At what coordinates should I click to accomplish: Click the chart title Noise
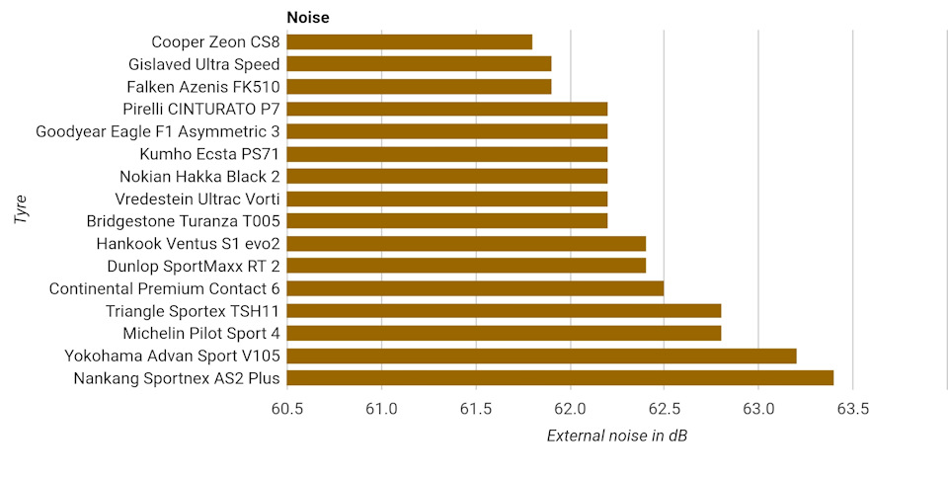[x=308, y=17]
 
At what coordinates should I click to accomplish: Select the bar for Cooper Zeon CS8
[x=409, y=41]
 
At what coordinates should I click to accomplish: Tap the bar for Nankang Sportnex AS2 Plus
[x=559, y=377]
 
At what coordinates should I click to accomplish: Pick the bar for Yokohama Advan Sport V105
[x=540, y=356]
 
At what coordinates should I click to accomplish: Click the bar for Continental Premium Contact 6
[x=474, y=288]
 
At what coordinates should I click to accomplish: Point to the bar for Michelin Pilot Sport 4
[x=503, y=333]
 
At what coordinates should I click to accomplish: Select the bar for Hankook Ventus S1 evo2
[x=465, y=243]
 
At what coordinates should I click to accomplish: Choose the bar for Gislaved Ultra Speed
[x=418, y=64]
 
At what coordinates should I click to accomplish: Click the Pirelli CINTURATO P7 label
[x=201, y=109]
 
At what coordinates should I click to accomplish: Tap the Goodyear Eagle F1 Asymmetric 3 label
[x=158, y=131]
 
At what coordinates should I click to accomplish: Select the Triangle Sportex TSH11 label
[x=193, y=311]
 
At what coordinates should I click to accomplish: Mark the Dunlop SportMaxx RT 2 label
[x=194, y=266]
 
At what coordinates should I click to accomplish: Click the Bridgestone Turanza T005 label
[x=184, y=221]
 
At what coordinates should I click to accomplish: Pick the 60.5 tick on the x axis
[x=286, y=409]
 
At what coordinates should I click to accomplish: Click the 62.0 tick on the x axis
[x=570, y=409]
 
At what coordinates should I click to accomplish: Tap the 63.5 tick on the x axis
[x=852, y=409]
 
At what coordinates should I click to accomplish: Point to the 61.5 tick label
[x=475, y=409]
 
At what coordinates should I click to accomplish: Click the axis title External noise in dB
[x=616, y=437]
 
